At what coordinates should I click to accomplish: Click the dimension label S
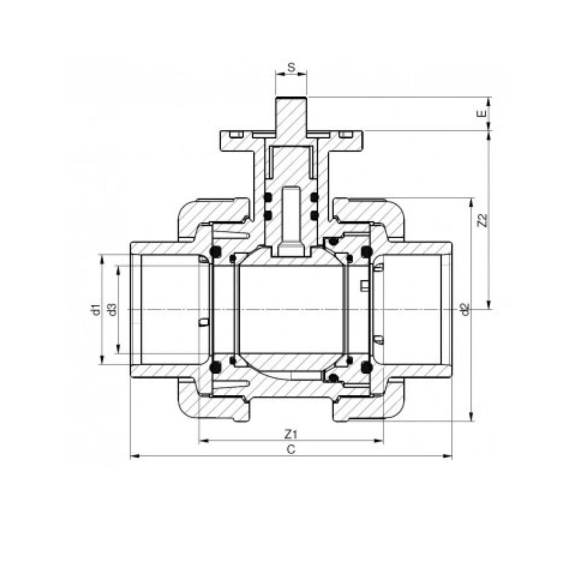(290, 67)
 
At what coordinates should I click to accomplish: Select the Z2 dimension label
(483, 221)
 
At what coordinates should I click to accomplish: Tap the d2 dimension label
(466, 309)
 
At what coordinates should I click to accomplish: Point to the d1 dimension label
(96, 310)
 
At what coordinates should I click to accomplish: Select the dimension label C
(290, 458)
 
